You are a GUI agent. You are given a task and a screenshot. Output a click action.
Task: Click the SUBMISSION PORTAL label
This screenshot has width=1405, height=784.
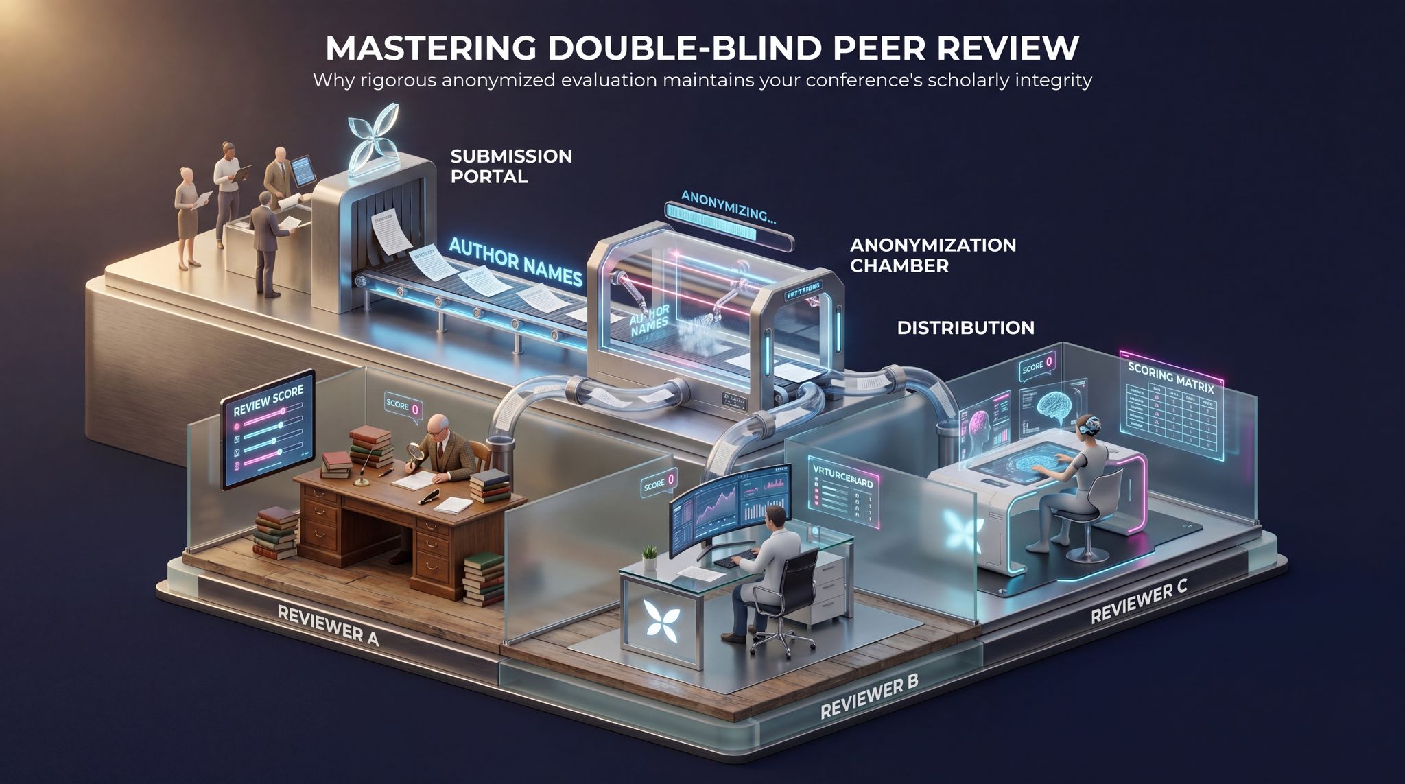pos(510,166)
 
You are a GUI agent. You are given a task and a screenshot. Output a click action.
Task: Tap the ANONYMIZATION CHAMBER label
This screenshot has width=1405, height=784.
pos(932,255)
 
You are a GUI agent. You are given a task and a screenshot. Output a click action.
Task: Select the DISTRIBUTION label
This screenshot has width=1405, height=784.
pos(965,328)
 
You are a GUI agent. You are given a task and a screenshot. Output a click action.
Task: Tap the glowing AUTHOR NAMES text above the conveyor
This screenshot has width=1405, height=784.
pos(515,263)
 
